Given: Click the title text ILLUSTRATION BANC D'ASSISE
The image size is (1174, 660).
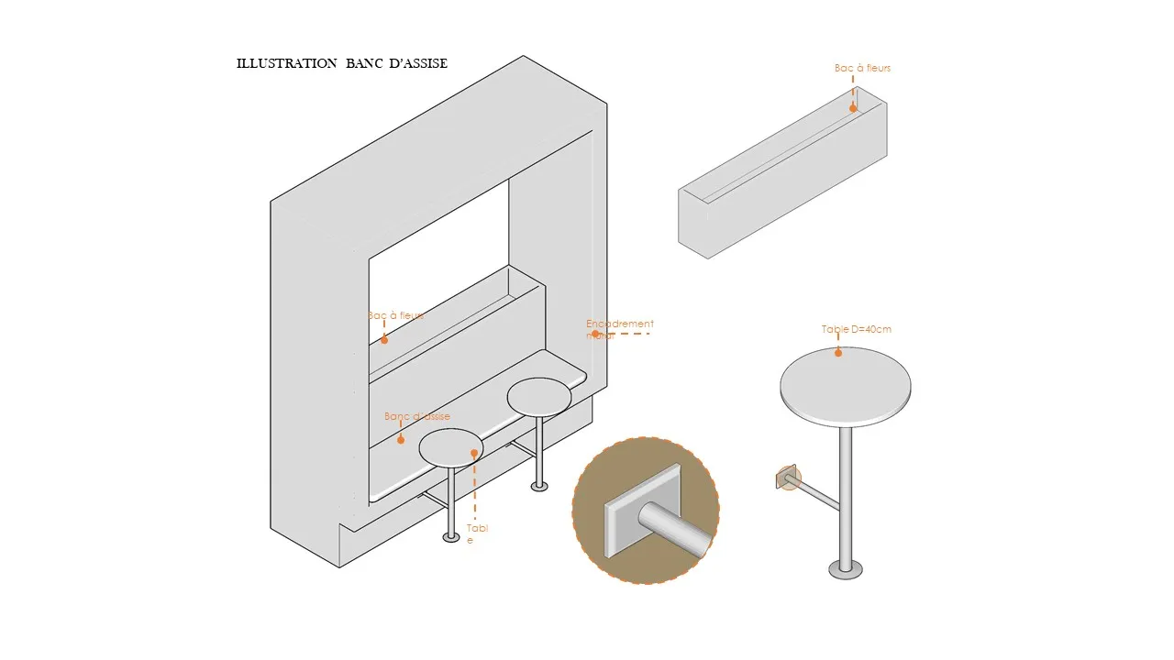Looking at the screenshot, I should click(x=342, y=63).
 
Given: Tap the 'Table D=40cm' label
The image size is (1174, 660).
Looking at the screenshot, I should click(x=856, y=329).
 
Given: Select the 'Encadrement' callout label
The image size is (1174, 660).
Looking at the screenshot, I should click(x=620, y=324).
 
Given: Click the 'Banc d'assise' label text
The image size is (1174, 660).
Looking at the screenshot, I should click(x=417, y=416).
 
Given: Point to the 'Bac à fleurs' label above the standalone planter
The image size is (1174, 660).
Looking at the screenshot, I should click(x=862, y=68).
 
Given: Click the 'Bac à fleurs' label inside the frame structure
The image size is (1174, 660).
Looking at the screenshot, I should click(x=395, y=315).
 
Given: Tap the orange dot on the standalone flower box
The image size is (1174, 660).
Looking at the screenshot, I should click(x=853, y=108).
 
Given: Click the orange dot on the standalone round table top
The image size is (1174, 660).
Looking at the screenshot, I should click(x=837, y=353).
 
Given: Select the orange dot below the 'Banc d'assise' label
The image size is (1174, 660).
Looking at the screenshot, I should click(x=400, y=440).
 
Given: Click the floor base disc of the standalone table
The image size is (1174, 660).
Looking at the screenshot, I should click(x=846, y=570).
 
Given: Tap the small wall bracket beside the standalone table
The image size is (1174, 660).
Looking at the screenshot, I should click(x=788, y=478).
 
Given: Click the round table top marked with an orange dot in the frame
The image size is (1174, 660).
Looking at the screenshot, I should click(x=449, y=447).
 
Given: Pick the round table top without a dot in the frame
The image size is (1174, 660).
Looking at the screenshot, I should click(x=539, y=396).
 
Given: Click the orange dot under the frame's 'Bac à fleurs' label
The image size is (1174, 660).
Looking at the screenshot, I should click(x=384, y=340).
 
